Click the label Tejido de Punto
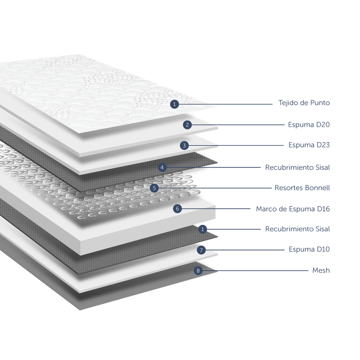pyautogui.click(x=304, y=103)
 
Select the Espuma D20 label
pyautogui.click(x=309, y=125)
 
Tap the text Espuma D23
pyautogui.click(x=309, y=145)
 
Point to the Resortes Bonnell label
pyautogui.click(x=302, y=188)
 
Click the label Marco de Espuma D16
pyautogui.click(x=293, y=209)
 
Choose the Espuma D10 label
pyautogui.click(x=309, y=249)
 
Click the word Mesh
pyautogui.click(x=321, y=270)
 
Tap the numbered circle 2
pyautogui.click(x=187, y=125)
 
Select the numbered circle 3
pyautogui.click(x=184, y=145)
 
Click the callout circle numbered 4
pyautogui.click(x=162, y=167)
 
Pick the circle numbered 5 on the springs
pyautogui.click(x=154, y=188)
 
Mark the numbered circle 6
pyautogui.click(x=177, y=209)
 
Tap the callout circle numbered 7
pyautogui.click(x=201, y=250)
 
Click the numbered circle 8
pyautogui.click(x=198, y=271)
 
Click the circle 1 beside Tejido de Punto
pyautogui.click(x=175, y=104)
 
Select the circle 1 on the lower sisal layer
pyautogui.click(x=202, y=229)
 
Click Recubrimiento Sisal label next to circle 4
pyautogui.click(x=297, y=167)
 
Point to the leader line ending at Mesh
pyautogui.click(x=255, y=271)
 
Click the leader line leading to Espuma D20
pyautogui.click(x=238, y=125)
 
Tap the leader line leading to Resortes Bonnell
pyautogui.click(x=215, y=188)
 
